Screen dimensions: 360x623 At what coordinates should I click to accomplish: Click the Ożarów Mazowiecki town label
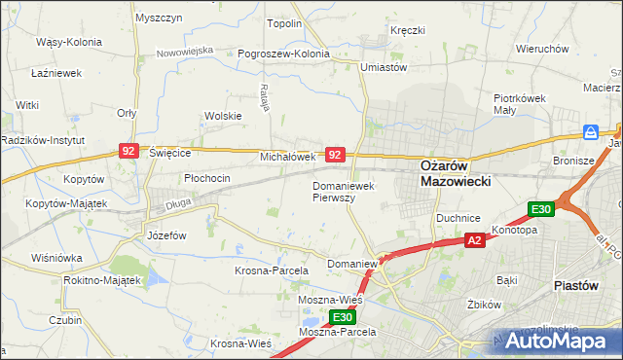point(455,172)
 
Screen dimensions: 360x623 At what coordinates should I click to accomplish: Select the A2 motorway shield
point(474,240)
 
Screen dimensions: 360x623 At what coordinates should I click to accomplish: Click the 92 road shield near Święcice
point(128,151)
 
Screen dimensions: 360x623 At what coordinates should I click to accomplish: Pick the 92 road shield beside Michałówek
point(335,155)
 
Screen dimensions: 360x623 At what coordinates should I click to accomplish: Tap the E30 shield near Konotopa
point(541,209)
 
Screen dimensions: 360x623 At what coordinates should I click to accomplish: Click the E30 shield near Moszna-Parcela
point(342,317)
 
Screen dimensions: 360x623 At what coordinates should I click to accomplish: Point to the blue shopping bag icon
point(591,131)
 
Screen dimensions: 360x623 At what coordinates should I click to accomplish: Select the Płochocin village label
point(207,179)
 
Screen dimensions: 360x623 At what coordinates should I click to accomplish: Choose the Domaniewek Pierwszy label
point(347,190)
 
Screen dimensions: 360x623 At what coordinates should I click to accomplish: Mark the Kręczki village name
point(408,30)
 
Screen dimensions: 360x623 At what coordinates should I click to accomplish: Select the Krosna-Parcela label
point(272,270)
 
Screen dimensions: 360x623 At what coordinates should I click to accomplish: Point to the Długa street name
point(178,203)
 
